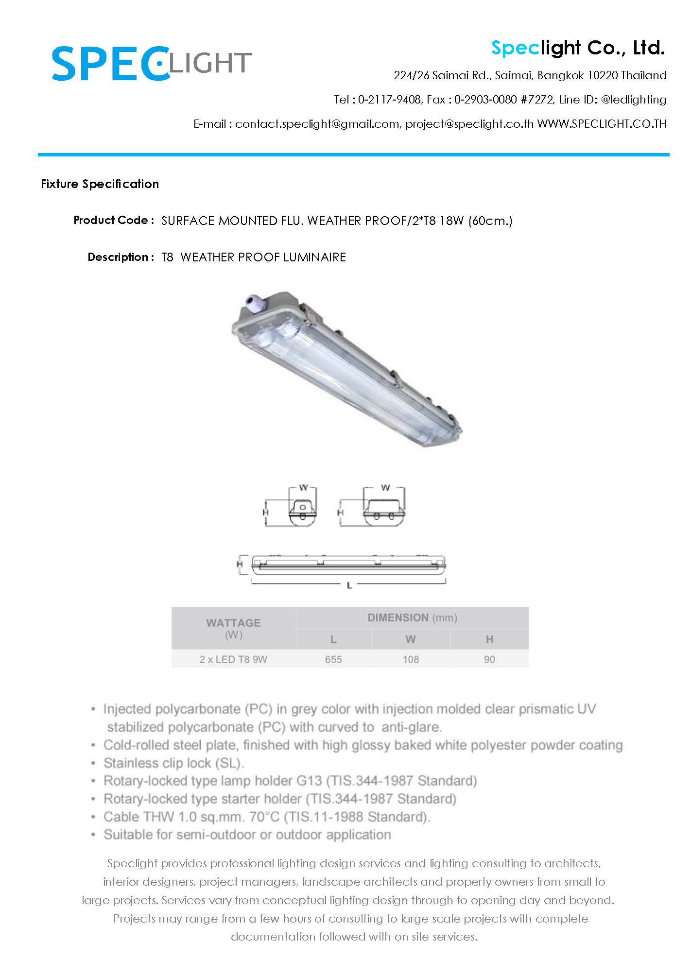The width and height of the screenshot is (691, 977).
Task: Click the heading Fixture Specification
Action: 100,184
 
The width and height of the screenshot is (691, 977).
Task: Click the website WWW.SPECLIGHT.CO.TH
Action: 602,124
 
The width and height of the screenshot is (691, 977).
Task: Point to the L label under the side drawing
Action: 349,586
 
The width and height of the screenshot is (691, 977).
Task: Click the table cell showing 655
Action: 333,659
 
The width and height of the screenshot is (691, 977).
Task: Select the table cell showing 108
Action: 411,659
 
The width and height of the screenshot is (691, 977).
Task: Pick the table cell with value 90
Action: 489,659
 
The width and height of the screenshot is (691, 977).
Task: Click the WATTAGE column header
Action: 233,623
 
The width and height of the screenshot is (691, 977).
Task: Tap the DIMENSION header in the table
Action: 398,617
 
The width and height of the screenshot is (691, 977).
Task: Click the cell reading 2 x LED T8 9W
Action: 233,659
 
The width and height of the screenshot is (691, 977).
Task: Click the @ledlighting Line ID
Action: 633,100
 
